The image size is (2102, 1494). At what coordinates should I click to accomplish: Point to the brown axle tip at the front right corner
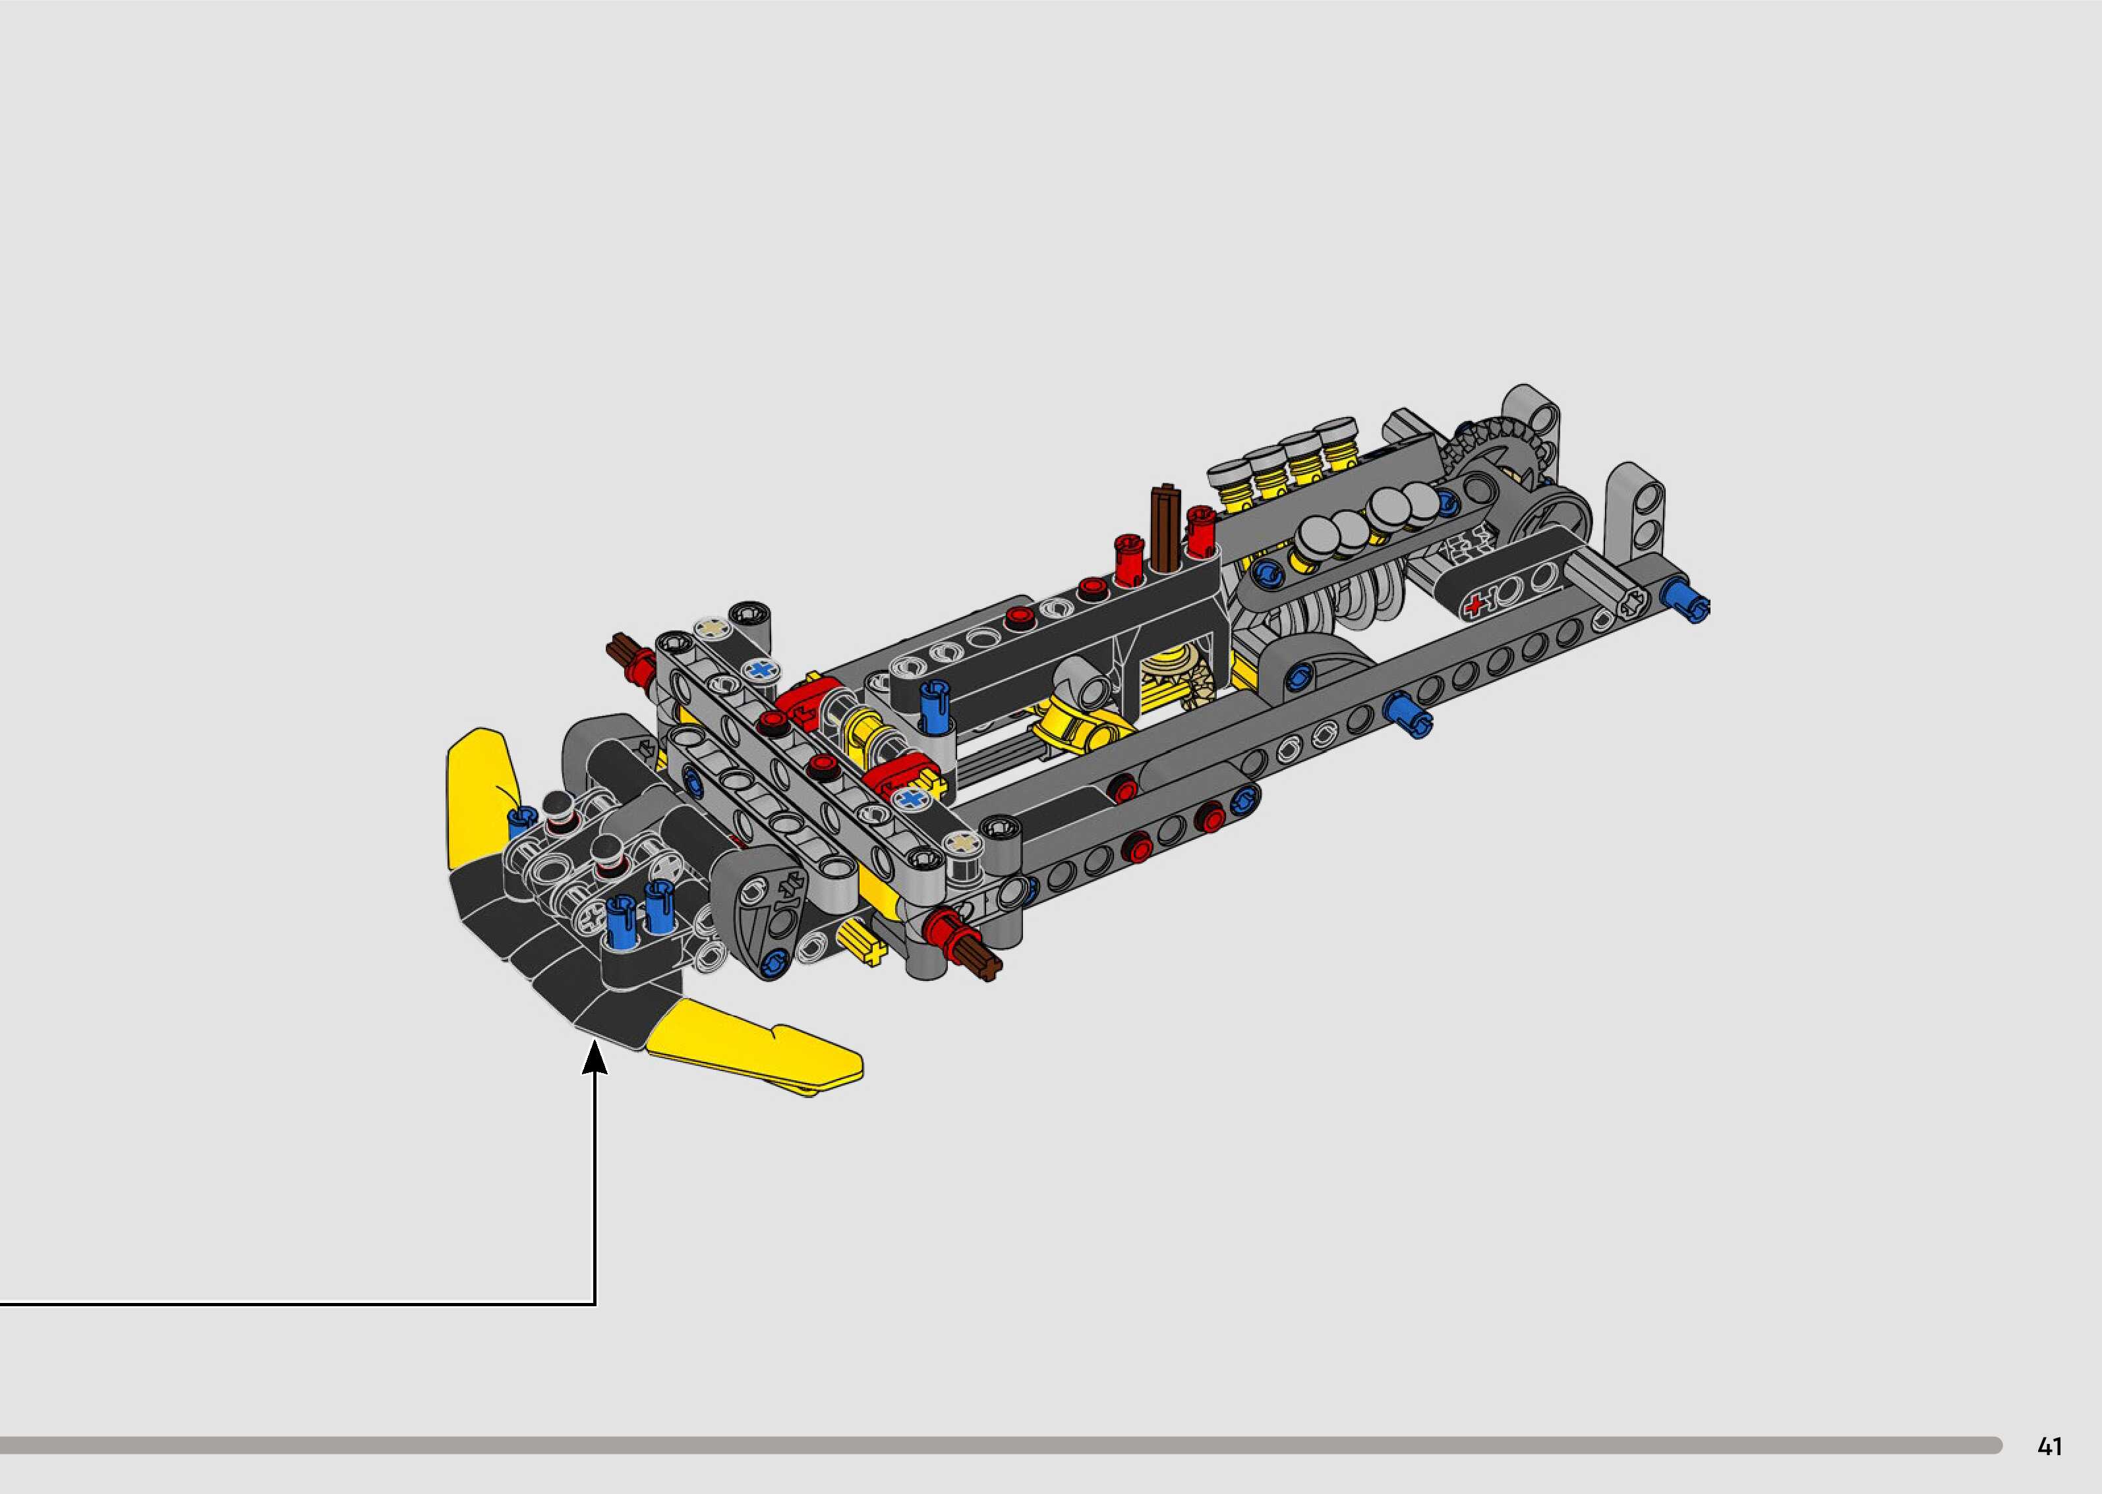(x=984, y=961)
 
